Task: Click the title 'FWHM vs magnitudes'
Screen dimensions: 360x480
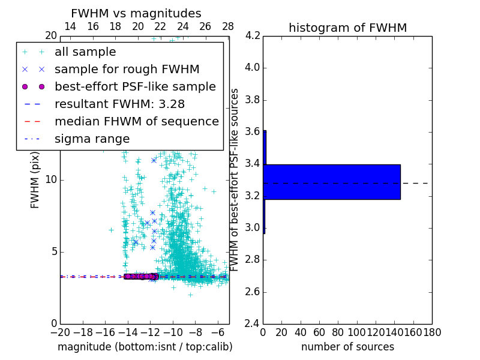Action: pos(136,14)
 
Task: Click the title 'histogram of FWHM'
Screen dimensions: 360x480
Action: pos(347,28)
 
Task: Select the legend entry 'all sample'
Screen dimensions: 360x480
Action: pos(85,52)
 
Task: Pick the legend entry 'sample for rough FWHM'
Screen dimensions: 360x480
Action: pos(127,69)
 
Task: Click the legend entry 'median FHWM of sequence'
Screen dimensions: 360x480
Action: pos(136,121)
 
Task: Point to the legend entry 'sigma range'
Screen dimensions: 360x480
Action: pos(92,139)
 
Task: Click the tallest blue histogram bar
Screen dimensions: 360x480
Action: pos(332,182)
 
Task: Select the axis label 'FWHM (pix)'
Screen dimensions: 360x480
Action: pos(35,180)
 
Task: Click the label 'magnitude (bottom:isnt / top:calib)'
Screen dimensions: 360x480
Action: pos(145,347)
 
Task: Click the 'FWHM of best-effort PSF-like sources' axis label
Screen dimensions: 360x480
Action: pos(235,180)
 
